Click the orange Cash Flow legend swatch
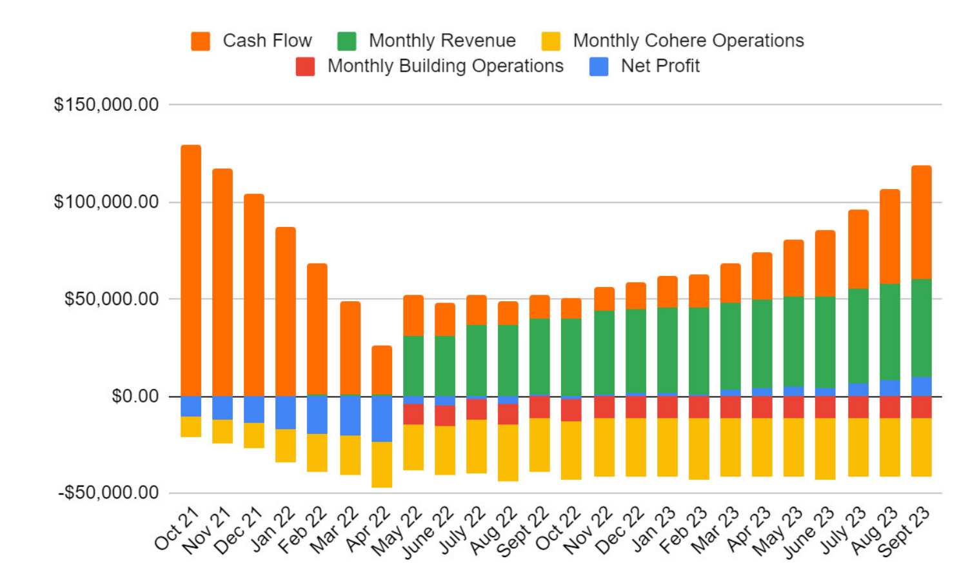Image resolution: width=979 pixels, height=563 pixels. (201, 41)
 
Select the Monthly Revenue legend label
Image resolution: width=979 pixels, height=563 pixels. (442, 41)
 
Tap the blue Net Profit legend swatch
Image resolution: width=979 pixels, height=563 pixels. (598, 66)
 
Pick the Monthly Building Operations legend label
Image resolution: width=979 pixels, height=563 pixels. (445, 66)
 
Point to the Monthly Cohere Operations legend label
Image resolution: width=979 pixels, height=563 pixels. (688, 41)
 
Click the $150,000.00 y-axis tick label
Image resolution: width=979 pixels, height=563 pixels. (106, 104)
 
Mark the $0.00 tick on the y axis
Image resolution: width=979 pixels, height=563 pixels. (135, 396)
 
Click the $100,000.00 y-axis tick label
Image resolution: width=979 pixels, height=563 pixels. (106, 202)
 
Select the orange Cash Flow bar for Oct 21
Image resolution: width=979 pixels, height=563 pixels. (191, 271)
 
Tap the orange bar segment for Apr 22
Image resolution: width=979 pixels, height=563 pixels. (382, 370)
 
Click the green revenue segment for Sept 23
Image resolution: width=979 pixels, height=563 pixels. (921, 328)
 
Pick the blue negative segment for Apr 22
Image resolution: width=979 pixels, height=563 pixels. (382, 419)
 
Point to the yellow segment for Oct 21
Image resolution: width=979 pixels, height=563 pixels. (191, 426)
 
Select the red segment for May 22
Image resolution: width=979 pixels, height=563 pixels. (413, 414)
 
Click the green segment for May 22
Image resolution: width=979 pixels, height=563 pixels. (413, 366)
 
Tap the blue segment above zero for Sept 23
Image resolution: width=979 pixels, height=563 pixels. (921, 386)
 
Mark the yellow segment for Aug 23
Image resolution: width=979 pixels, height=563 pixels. (889, 447)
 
